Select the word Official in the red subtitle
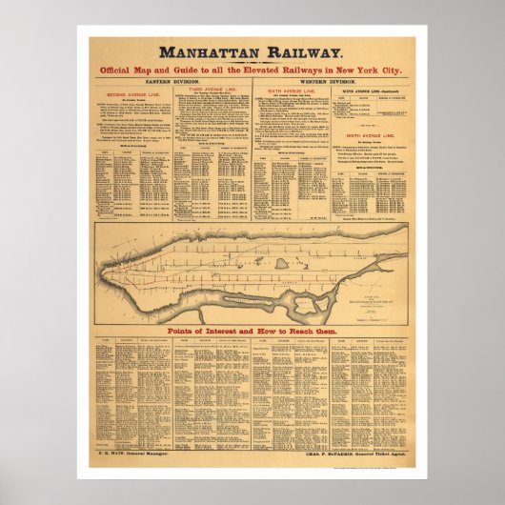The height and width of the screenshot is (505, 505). pos(146,72)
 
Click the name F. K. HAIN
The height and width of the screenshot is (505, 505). pos(111,470)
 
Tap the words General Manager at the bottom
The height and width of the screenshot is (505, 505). pos(150,470)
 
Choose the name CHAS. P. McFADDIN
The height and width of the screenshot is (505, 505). pos(333,470)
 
